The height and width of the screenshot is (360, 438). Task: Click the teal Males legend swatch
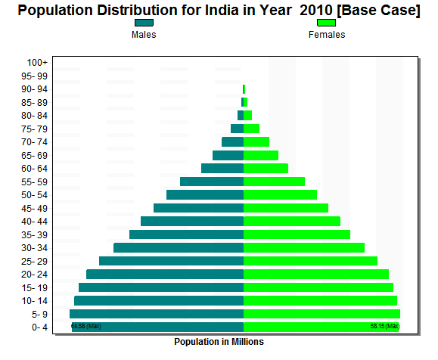(144, 23)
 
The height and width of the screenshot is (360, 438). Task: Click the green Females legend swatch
(326, 23)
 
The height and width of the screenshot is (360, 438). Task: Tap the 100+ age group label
(37, 63)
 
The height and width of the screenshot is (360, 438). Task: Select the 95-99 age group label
(36, 76)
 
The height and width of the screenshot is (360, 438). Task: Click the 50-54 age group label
(36, 195)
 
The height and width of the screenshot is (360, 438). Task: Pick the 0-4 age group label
(39, 327)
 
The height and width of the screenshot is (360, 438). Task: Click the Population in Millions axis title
(219, 342)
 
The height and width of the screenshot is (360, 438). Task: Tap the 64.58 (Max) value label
(86, 327)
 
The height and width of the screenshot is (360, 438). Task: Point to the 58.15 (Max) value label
(384, 327)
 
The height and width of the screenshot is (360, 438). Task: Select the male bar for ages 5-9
(157, 314)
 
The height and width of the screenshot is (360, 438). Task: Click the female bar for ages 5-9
(322, 314)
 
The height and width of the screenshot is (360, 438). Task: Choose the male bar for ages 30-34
(179, 248)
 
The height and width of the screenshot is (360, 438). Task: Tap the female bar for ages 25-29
(310, 261)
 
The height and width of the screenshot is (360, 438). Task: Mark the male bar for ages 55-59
(212, 182)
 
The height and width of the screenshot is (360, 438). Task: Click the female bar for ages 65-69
(261, 155)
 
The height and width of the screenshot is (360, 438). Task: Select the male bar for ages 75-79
(237, 129)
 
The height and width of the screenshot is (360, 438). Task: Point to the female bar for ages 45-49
(286, 208)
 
